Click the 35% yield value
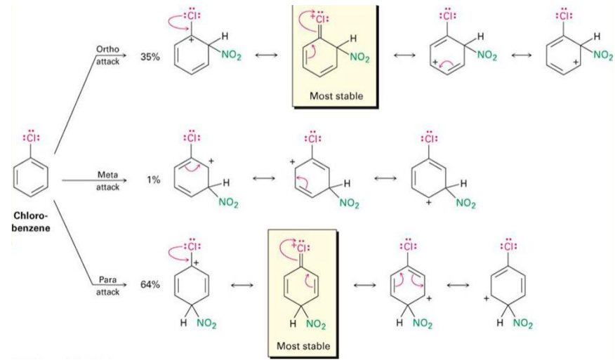coord(150,55)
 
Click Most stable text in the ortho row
coord(333,95)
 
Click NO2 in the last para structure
coord(521,324)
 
